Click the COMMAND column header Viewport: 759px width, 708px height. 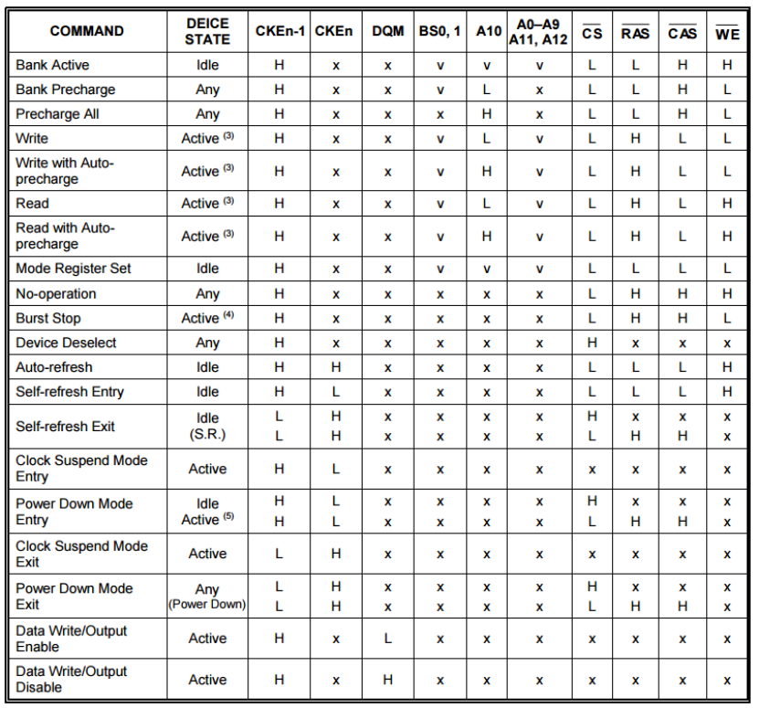tap(87, 31)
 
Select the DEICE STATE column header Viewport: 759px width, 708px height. tap(207, 31)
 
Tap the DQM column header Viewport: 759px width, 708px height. tap(388, 31)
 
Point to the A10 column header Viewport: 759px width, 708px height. tap(488, 31)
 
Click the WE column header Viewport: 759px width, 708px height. tap(727, 33)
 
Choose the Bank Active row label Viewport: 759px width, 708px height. tap(53, 65)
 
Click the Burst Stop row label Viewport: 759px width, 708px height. tap(48, 318)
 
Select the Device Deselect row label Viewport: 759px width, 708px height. tap(66, 343)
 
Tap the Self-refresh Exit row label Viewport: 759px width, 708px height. tap(66, 426)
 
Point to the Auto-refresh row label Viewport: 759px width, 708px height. tap(54, 367)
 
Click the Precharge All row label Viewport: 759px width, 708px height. tap(58, 114)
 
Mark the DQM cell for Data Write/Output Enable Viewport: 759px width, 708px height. tap(388, 638)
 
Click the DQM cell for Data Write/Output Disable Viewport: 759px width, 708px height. tap(388, 680)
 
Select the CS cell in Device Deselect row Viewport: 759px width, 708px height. tap(592, 343)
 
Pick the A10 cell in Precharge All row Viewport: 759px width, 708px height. tap(488, 114)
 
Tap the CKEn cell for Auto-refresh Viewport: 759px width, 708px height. tap(335, 367)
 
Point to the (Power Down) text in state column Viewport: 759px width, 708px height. tap(207, 605)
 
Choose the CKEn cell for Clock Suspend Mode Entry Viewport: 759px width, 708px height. tap(335, 469)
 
